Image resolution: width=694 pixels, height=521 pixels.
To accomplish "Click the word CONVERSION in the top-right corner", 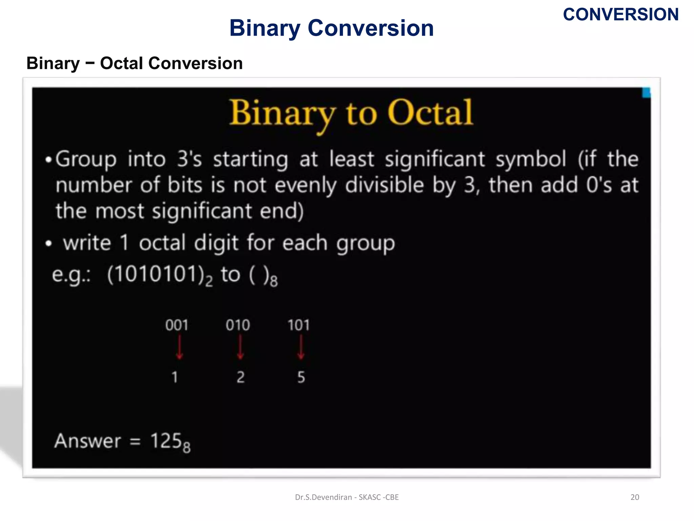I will (x=620, y=15).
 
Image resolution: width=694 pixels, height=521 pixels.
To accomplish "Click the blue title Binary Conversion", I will (x=331, y=28).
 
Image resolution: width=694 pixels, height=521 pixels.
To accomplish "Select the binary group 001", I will (x=177, y=325).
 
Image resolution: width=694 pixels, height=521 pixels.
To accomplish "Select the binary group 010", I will (x=238, y=325).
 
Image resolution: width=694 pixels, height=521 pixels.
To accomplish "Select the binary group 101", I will (x=299, y=325).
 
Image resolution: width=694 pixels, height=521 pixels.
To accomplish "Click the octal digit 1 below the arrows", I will (x=175, y=377).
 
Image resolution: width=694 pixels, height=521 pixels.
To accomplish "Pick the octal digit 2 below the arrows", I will (x=241, y=377).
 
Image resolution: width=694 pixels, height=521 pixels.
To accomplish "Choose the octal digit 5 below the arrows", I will (x=301, y=377).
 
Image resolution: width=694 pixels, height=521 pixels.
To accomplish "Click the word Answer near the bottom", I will (x=88, y=441).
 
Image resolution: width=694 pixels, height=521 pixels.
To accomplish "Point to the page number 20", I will (x=635, y=497).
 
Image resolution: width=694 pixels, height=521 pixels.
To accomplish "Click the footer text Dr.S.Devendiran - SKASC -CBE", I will (x=347, y=497).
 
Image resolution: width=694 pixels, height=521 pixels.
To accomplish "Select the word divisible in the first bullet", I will (x=384, y=185).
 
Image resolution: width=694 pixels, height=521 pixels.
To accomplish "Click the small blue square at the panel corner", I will (x=646, y=93).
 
